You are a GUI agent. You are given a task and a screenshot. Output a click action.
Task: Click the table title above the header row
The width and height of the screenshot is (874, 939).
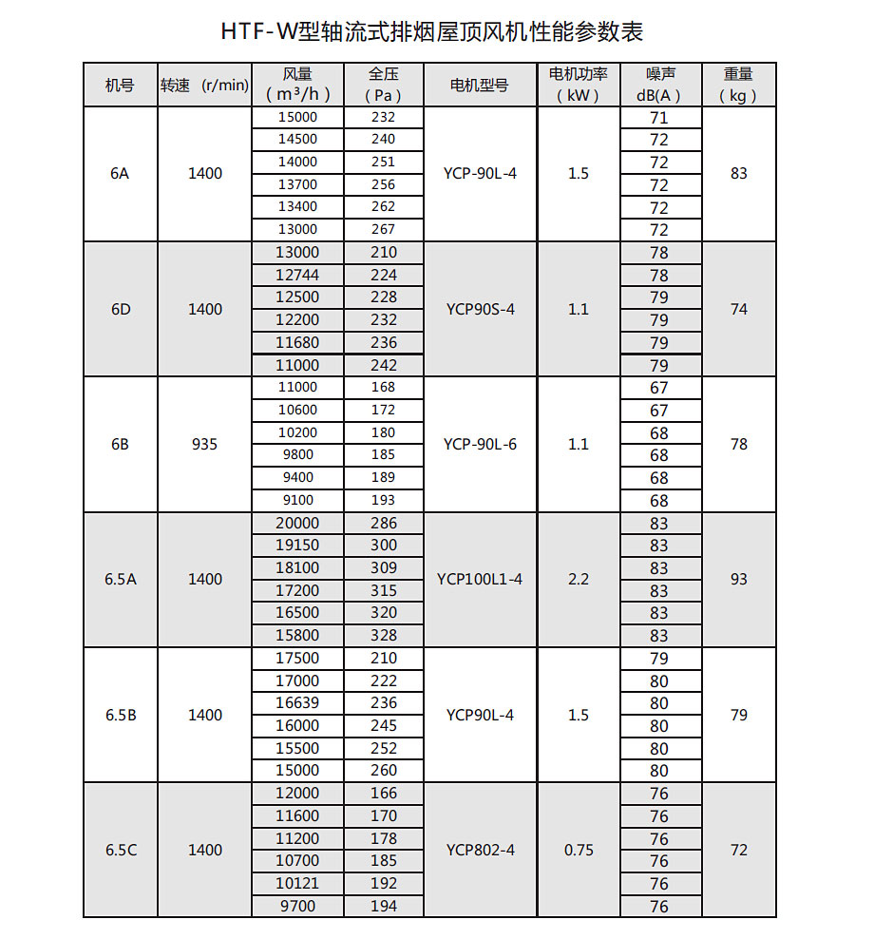(x=432, y=31)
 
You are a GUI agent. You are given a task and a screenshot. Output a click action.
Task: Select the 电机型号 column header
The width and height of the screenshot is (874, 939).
(x=479, y=86)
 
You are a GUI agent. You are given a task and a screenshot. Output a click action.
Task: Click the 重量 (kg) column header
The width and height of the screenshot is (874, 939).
(x=738, y=86)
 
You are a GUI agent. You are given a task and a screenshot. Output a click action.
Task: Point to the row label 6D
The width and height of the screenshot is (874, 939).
(x=121, y=309)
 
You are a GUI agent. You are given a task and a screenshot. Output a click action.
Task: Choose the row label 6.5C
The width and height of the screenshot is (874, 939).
(x=121, y=851)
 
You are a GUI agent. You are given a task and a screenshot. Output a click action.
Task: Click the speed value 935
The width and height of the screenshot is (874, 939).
(x=204, y=444)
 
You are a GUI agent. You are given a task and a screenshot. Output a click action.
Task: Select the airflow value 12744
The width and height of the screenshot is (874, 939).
(x=297, y=275)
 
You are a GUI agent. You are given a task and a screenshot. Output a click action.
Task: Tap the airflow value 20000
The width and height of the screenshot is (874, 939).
(x=297, y=523)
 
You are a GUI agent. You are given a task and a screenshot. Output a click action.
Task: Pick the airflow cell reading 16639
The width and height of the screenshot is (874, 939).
(x=297, y=702)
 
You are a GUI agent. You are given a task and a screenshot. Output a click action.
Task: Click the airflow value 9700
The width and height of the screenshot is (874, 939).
(x=297, y=906)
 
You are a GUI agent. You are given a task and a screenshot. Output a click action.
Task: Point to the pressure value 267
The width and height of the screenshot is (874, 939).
(x=383, y=229)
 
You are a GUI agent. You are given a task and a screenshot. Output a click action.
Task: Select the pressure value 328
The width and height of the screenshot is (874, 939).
(x=383, y=635)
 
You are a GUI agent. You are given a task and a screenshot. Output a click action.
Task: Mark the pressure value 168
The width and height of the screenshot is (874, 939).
(x=383, y=387)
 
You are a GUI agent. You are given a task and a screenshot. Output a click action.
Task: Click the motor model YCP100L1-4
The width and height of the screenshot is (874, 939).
(x=480, y=579)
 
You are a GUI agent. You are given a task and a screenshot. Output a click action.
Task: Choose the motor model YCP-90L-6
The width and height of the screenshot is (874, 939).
(x=480, y=444)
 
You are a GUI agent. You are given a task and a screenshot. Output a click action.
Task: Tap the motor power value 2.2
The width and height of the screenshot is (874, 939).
(x=579, y=579)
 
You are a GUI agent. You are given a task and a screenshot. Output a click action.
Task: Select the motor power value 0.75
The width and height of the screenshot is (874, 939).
(x=579, y=851)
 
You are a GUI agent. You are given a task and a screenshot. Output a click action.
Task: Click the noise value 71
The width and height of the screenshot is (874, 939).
(x=659, y=119)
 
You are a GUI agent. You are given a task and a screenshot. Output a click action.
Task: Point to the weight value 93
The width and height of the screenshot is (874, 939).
(x=739, y=579)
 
